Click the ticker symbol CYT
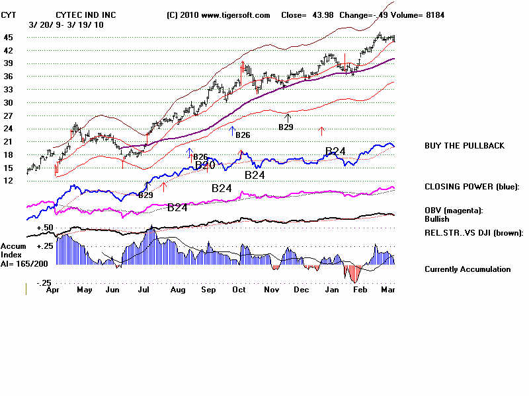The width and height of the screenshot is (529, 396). [9, 15]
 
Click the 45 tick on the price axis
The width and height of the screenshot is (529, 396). [9, 38]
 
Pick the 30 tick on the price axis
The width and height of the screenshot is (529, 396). [9, 102]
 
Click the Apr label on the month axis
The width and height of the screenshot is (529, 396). [54, 289]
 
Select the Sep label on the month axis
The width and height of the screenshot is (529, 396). [208, 289]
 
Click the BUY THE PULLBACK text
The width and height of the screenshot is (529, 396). [464, 145]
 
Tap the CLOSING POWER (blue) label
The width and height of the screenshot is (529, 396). [471, 186]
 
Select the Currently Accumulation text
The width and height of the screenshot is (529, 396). [468, 269]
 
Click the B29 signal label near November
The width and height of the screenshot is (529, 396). [285, 126]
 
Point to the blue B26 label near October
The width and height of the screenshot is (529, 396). [243, 135]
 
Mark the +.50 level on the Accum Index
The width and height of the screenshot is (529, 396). [45, 227]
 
